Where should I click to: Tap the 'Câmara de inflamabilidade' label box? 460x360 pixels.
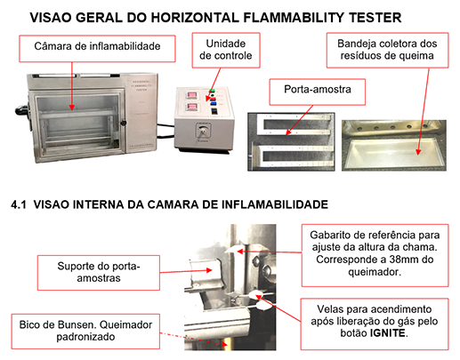[97, 49]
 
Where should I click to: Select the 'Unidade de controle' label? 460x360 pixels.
[226, 50]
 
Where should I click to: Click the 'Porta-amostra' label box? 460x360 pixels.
[317, 92]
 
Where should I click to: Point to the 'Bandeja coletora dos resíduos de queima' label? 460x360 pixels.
[387, 50]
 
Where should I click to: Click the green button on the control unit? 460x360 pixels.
[212, 91]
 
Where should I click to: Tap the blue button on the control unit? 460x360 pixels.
[214, 103]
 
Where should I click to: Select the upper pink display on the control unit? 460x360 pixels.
[191, 95]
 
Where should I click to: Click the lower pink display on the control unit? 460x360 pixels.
[192, 107]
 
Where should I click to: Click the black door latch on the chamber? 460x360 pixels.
[123, 123]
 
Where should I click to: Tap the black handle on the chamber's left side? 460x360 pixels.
[21, 110]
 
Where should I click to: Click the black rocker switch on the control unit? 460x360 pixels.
[214, 111]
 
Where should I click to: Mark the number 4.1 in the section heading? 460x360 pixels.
[19, 204]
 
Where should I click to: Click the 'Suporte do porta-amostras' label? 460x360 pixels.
[99, 272]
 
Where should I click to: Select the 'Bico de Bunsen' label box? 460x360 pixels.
[85, 332]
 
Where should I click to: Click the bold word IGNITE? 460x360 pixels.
[387, 333]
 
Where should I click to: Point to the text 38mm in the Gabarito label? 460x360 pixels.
[405, 260]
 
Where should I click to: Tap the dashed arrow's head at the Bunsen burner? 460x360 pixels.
[225, 344]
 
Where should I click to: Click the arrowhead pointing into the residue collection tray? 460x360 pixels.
[418, 152]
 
